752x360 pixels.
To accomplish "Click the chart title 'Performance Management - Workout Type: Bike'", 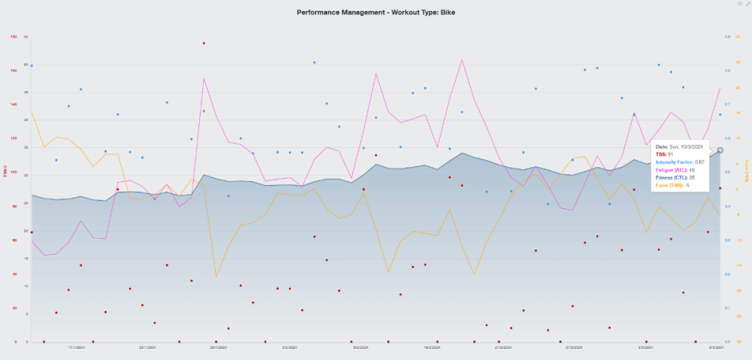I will (375, 13).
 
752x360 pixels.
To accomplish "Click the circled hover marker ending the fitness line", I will (720, 150).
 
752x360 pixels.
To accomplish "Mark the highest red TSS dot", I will (204, 43).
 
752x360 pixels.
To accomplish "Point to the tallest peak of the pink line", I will (461, 58).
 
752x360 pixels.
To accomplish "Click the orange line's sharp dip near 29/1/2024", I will (217, 277).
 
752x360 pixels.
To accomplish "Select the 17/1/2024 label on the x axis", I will (77, 348).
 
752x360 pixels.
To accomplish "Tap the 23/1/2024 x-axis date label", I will (147, 348).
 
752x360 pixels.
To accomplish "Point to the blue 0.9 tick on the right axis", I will (726, 36).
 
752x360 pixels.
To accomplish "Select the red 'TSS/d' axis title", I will (5, 171).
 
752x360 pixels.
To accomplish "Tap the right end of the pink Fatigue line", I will (720, 88).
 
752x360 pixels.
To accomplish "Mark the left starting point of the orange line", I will (31, 113).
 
